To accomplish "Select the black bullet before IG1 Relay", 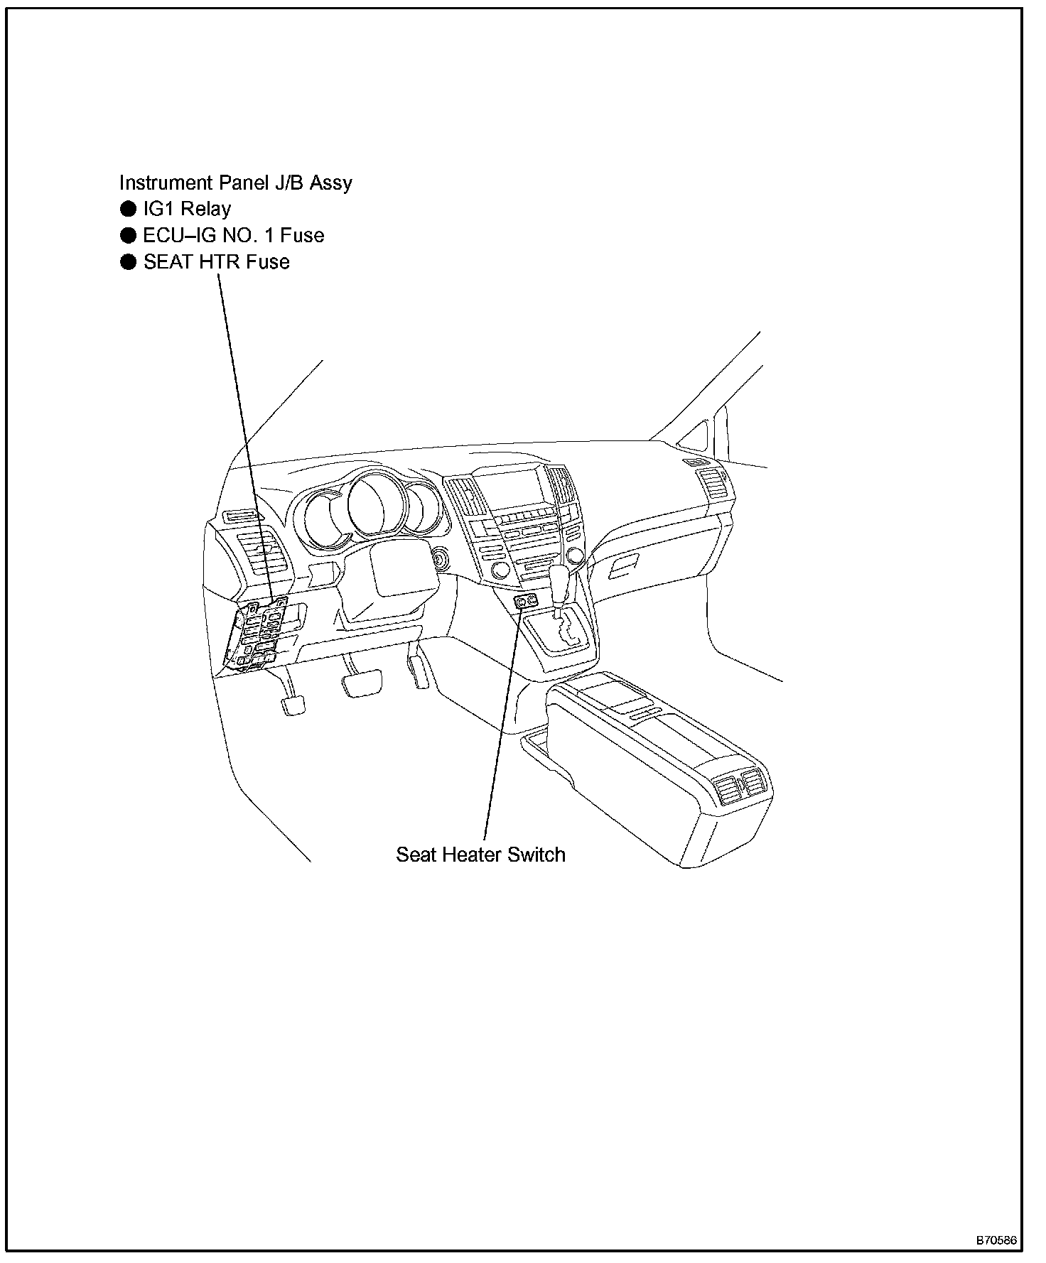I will (x=128, y=209).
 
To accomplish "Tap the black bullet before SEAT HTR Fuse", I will (x=128, y=262).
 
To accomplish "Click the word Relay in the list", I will (x=207, y=209).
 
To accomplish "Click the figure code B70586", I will (x=996, y=1240).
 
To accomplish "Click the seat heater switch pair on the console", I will (x=527, y=602).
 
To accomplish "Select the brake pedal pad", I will (x=362, y=685).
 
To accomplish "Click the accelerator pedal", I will (x=419, y=671).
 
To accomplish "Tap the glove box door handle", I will (x=623, y=566).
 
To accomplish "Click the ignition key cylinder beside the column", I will (x=441, y=559).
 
